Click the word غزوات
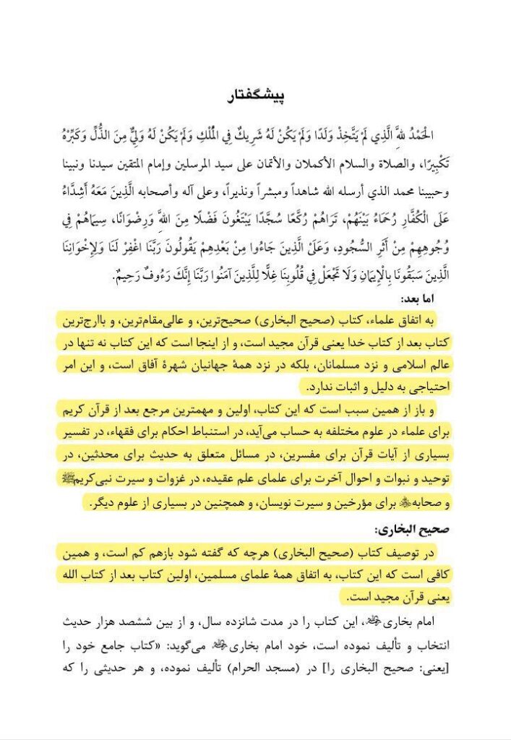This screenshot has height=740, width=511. click(206, 479)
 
